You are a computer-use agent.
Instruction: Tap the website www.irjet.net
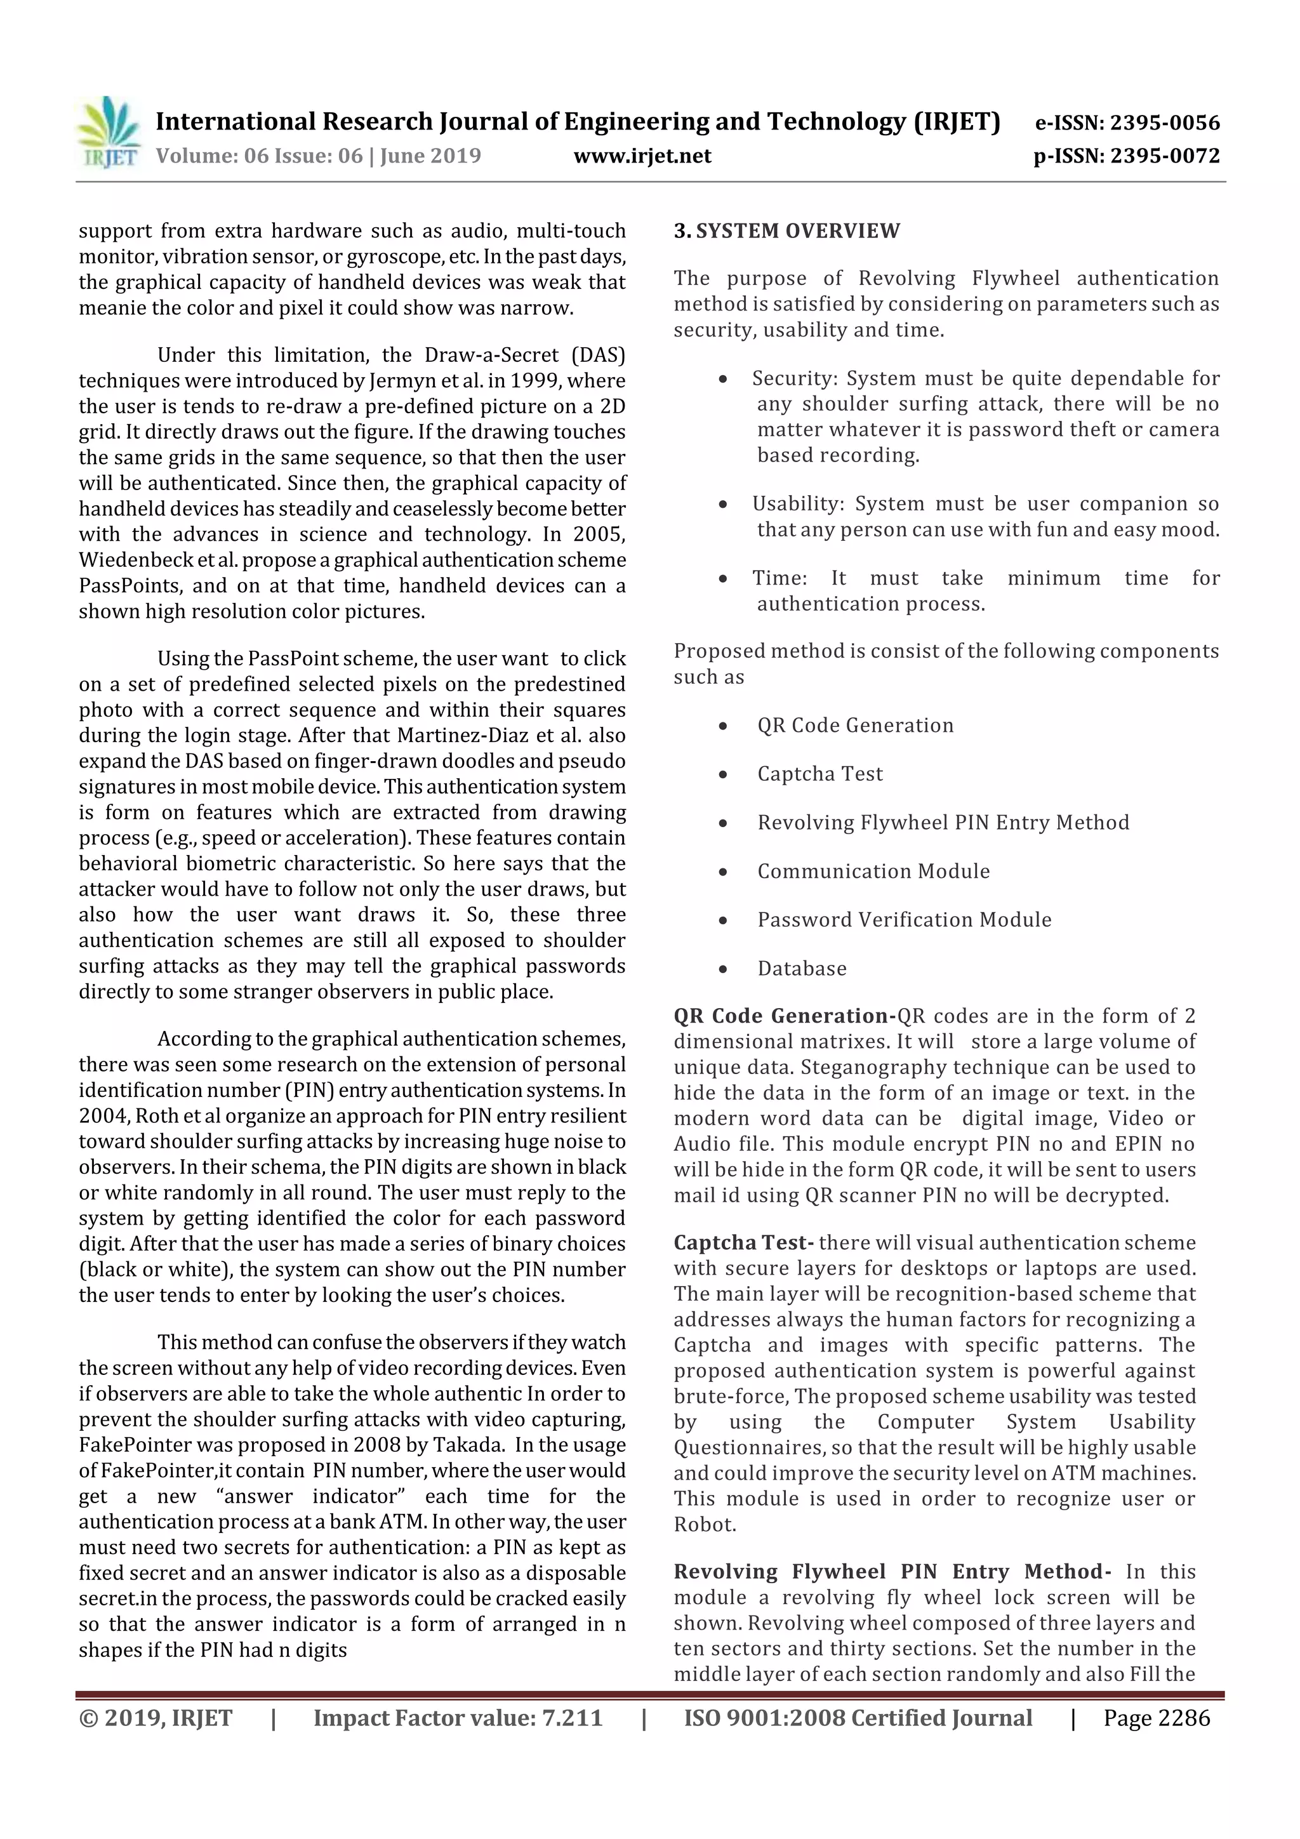pyautogui.click(x=642, y=156)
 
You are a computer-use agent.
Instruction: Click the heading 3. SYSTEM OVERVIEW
pyautogui.click(x=786, y=232)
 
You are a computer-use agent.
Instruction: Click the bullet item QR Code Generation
pyautogui.click(x=856, y=726)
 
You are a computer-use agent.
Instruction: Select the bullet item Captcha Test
pyautogui.click(x=819, y=774)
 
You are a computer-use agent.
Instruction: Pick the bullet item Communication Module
pyautogui.click(x=873, y=872)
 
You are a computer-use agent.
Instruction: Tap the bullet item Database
pyautogui.click(x=802, y=968)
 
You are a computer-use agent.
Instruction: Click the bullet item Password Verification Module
pyautogui.click(x=905, y=919)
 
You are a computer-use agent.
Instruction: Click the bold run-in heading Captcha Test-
pyautogui.click(x=743, y=1242)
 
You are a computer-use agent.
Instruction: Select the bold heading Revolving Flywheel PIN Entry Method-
pyautogui.click(x=891, y=1572)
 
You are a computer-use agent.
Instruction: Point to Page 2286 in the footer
pyautogui.click(x=1156, y=1718)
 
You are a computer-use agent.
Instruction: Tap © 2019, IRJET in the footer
pyautogui.click(x=156, y=1718)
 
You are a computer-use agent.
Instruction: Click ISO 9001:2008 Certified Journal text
pyautogui.click(x=858, y=1718)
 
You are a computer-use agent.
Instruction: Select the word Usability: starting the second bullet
pyautogui.click(x=798, y=504)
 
